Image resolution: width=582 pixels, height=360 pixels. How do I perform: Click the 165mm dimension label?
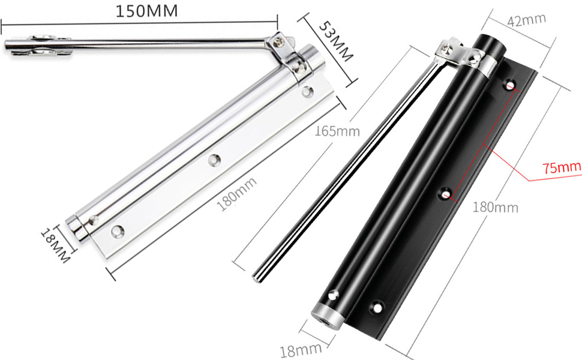(337, 131)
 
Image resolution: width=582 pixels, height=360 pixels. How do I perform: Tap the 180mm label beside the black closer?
(495, 208)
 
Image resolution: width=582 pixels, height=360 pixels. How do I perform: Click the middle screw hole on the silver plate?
(214, 160)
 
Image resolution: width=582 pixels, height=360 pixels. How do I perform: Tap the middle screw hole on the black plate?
(445, 193)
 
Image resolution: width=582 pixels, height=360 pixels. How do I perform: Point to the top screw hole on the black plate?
(512, 85)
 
